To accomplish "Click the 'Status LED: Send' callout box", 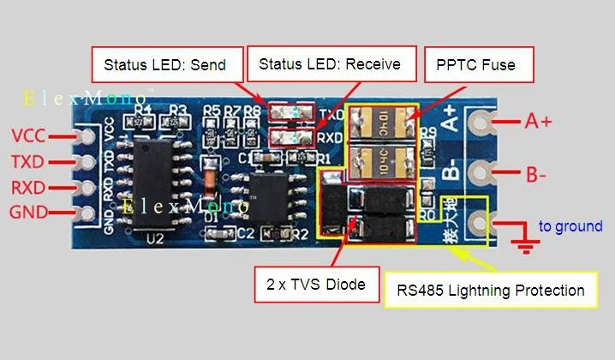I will [x=164, y=64].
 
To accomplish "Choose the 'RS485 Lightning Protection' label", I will [x=491, y=291].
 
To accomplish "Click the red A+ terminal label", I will [x=539, y=122].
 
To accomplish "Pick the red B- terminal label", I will [x=536, y=176].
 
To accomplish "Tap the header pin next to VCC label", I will [x=85, y=136].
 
